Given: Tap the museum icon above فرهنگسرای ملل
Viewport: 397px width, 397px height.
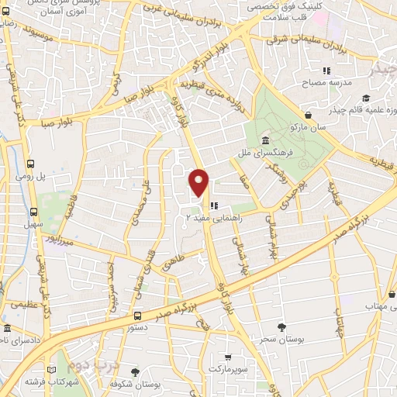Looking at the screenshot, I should tap(266, 141).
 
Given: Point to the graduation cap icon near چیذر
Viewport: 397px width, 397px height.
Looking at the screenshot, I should tap(365, 99).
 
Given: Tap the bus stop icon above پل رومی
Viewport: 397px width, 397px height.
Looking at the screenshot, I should tap(30, 164).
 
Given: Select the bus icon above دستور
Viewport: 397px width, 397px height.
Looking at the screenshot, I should tap(137, 316).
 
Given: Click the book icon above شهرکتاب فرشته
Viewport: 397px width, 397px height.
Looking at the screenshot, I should tap(53, 370).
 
